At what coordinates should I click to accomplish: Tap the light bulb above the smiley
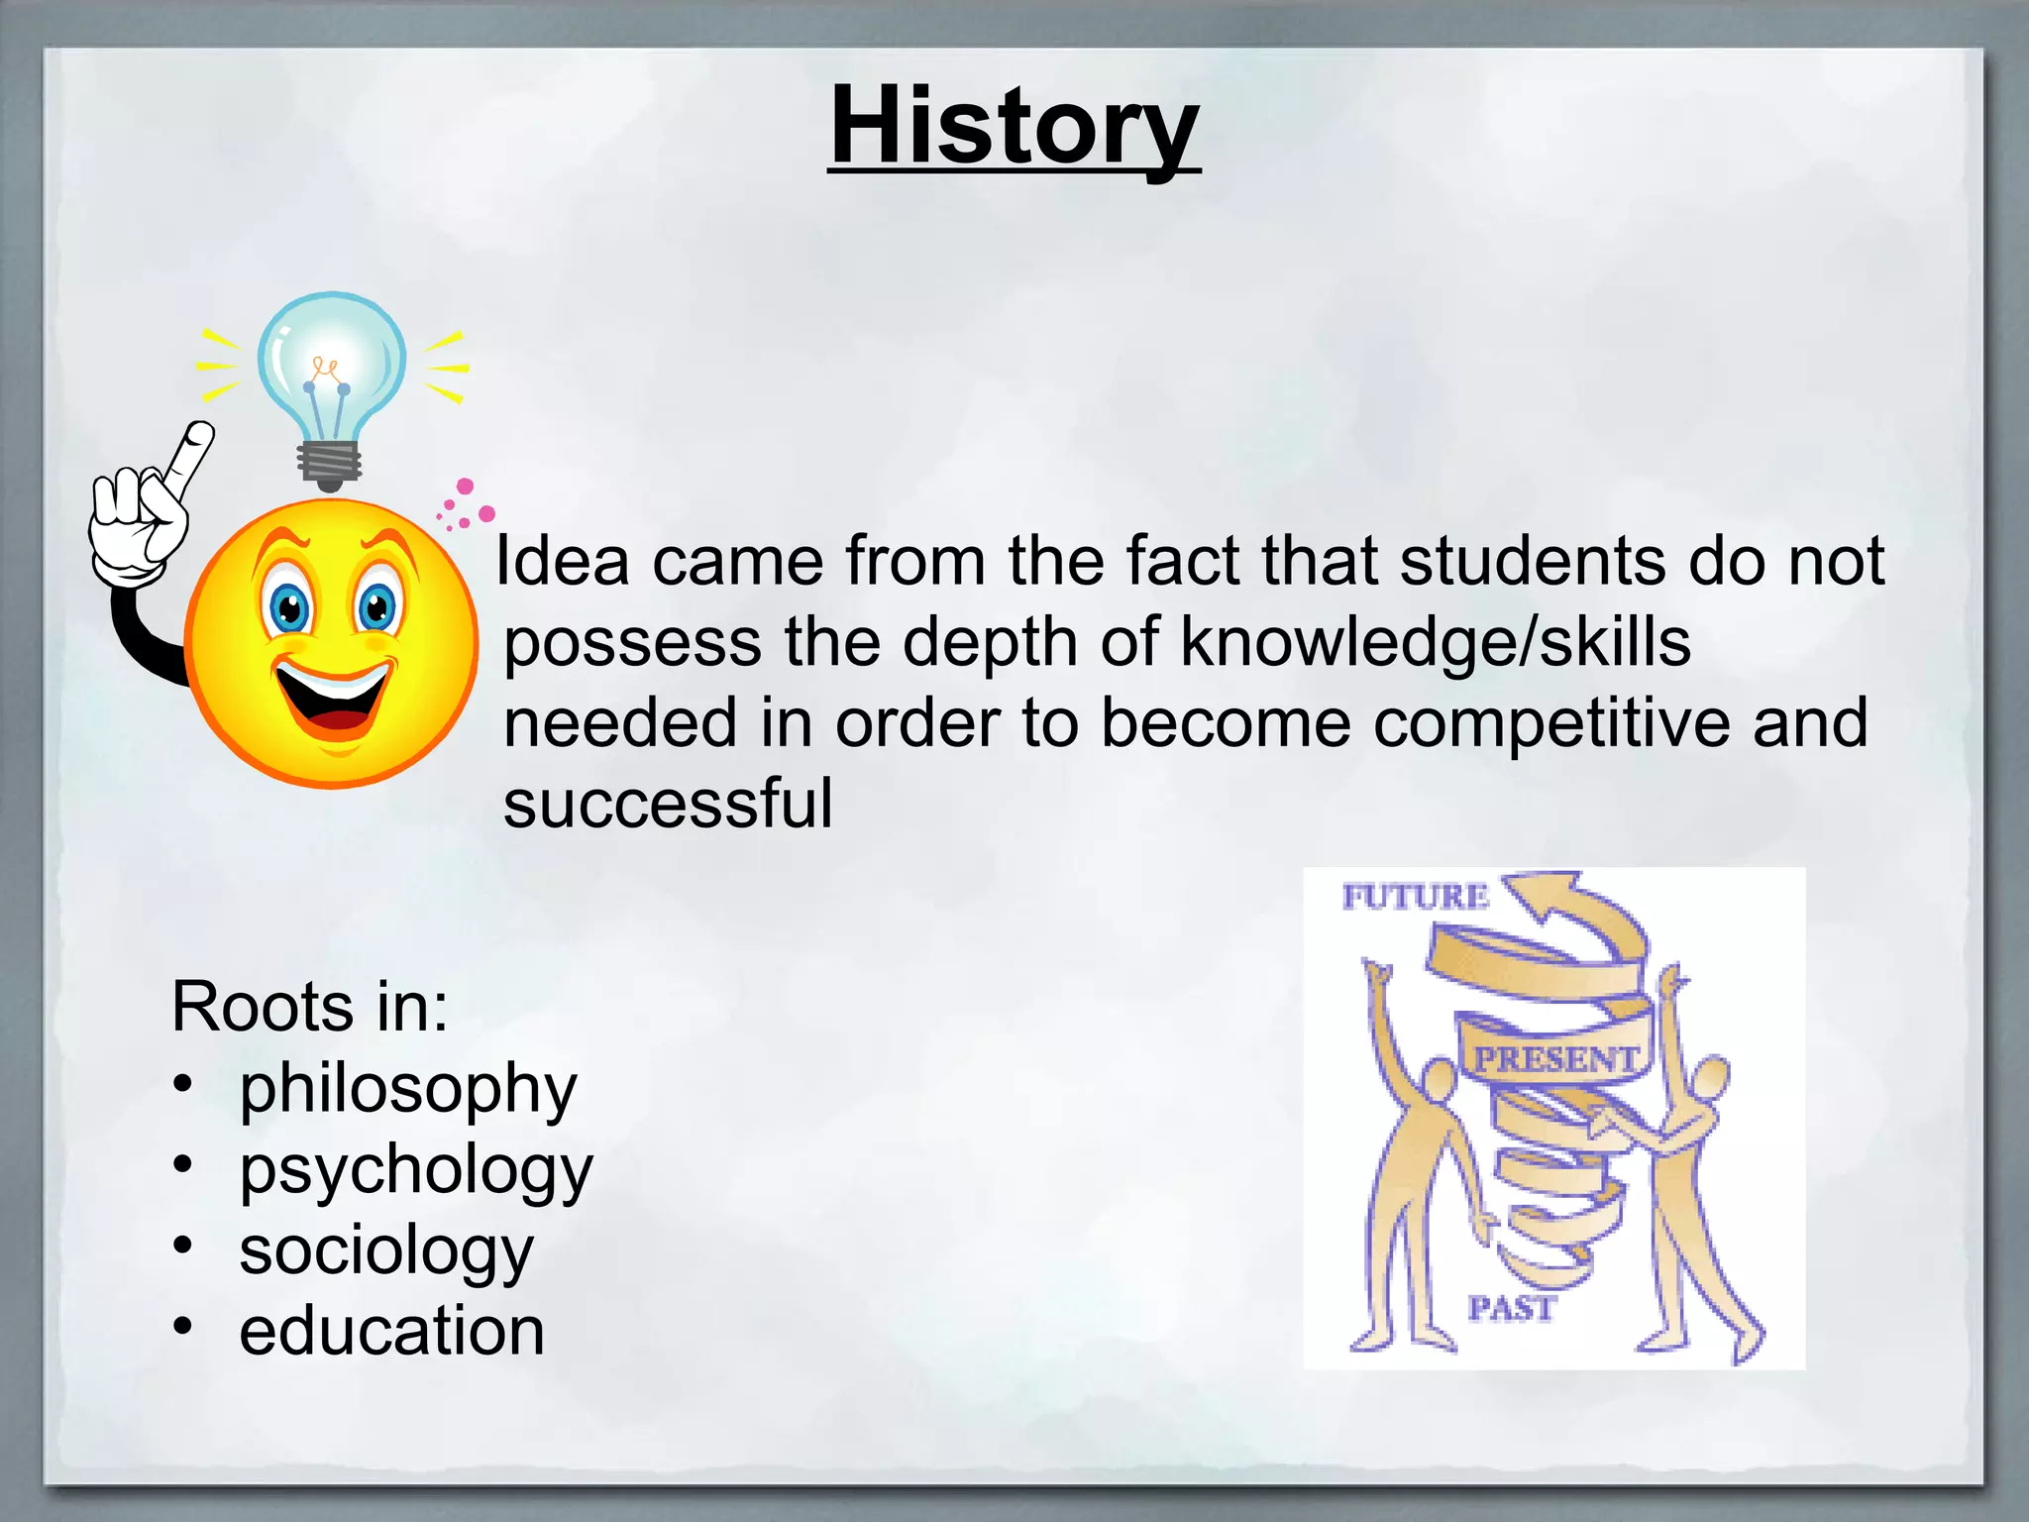pyautogui.click(x=331, y=367)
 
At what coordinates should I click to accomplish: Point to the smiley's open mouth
pyautogui.click(x=333, y=700)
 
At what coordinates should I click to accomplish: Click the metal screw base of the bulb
pyautogui.click(x=330, y=464)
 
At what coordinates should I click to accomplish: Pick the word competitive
pyautogui.click(x=1554, y=722)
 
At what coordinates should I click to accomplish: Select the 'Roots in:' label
pyautogui.click(x=309, y=1007)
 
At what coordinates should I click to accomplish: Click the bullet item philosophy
pyautogui.click(x=407, y=1089)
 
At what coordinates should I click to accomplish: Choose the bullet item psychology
pyautogui.click(x=415, y=1170)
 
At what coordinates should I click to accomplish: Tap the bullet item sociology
pyautogui.click(x=386, y=1250)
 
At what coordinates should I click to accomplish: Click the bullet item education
pyautogui.click(x=391, y=1331)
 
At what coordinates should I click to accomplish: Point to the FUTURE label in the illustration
pyautogui.click(x=1415, y=897)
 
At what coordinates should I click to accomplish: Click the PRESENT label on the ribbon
pyautogui.click(x=1555, y=1058)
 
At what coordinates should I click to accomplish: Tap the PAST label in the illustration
pyautogui.click(x=1511, y=1308)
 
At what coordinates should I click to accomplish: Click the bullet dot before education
pyautogui.click(x=182, y=1326)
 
